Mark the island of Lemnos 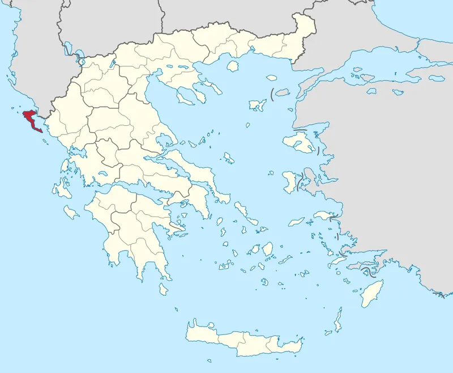click(x=258, y=105)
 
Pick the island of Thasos click(x=232, y=66)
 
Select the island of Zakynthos click(x=71, y=211)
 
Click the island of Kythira click(x=164, y=289)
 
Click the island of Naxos click(x=267, y=248)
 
